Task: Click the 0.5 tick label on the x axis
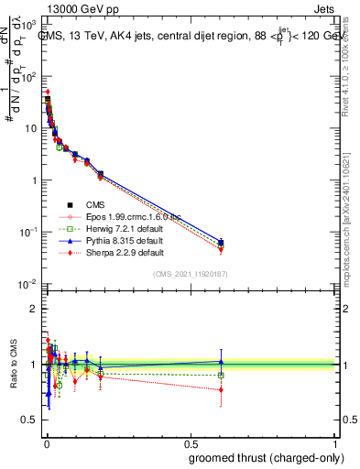tap(190, 443)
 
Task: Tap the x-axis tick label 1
tap(335, 443)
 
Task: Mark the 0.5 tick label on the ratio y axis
tap(29, 420)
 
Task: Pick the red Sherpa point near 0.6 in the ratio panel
tap(221, 389)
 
